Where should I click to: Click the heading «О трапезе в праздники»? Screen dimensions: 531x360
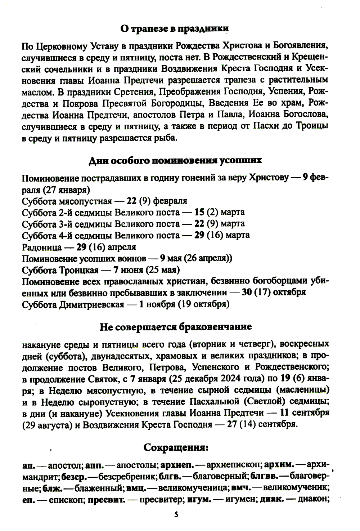coord(175,29)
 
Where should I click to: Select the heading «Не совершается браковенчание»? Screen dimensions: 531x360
coord(175,327)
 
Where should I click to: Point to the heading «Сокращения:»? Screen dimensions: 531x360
coord(176,448)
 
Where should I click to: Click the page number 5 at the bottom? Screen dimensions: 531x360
coord(176,515)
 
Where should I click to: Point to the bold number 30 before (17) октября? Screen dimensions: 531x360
coord(246,293)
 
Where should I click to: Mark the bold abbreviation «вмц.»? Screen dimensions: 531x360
coord(136,488)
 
